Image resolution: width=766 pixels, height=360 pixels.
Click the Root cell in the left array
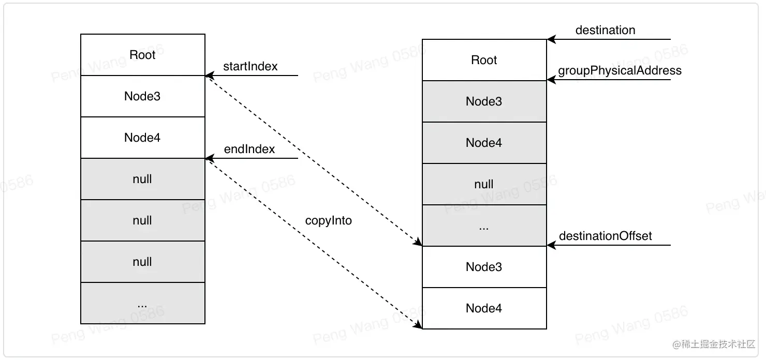pyautogui.click(x=142, y=55)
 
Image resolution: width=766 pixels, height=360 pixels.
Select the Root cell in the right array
pyautogui.click(x=484, y=60)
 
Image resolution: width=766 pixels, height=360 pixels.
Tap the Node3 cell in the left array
pyautogui.click(x=142, y=96)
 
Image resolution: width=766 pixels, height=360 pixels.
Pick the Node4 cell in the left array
pyautogui.click(x=142, y=138)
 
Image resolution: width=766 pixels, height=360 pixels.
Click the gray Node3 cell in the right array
pyautogui.click(x=484, y=101)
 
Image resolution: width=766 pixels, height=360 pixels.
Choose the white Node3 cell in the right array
pyautogui.click(x=484, y=267)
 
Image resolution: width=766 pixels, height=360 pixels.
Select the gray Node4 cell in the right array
pyautogui.click(x=484, y=143)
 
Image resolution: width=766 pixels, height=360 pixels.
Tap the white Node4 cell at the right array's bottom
pyautogui.click(x=484, y=308)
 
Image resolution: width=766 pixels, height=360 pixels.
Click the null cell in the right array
pyautogui.click(x=484, y=184)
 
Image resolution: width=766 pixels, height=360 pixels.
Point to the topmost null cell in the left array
pyautogui.click(x=142, y=179)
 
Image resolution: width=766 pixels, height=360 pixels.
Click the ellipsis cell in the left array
pyautogui.click(x=142, y=303)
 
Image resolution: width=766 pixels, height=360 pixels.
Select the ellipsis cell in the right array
pyautogui.click(x=484, y=226)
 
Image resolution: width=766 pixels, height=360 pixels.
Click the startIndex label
pyautogui.click(x=250, y=66)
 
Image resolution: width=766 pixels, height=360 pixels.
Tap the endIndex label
pyautogui.click(x=249, y=149)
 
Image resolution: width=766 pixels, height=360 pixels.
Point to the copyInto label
pyautogui.click(x=328, y=220)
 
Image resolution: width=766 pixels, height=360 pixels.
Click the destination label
pyautogui.click(x=605, y=30)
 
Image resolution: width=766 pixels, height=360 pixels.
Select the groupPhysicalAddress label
pyautogui.click(x=620, y=70)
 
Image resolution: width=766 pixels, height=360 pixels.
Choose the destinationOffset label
pyautogui.click(x=605, y=236)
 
